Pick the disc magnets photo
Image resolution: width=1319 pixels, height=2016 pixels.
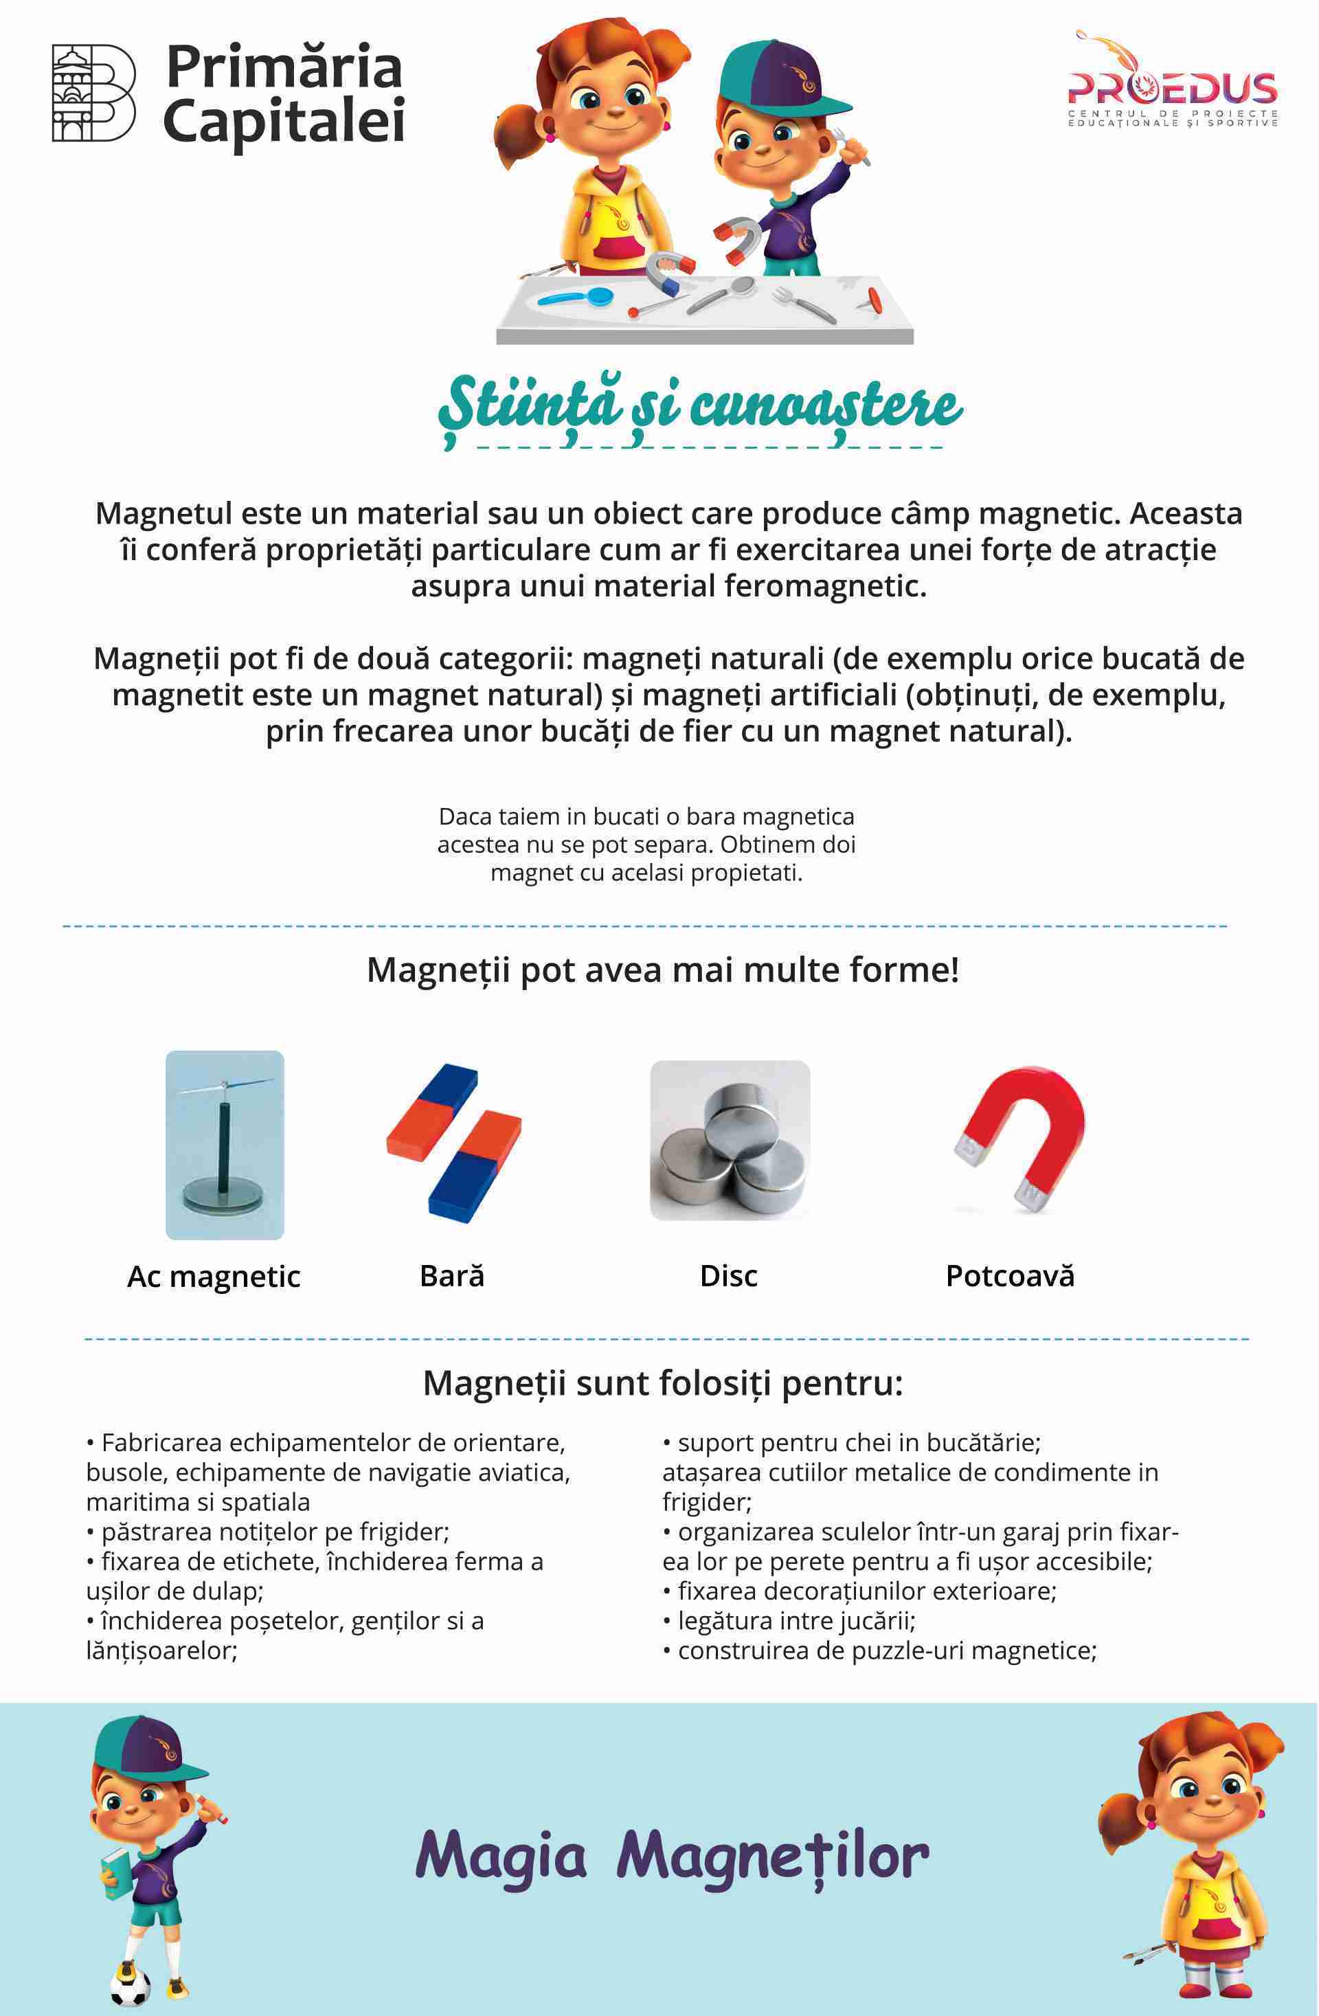click(730, 1140)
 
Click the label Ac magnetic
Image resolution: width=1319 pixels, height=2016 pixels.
click(214, 1277)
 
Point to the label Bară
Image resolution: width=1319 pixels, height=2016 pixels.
click(451, 1276)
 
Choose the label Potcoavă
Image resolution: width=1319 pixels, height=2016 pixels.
click(1010, 1276)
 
